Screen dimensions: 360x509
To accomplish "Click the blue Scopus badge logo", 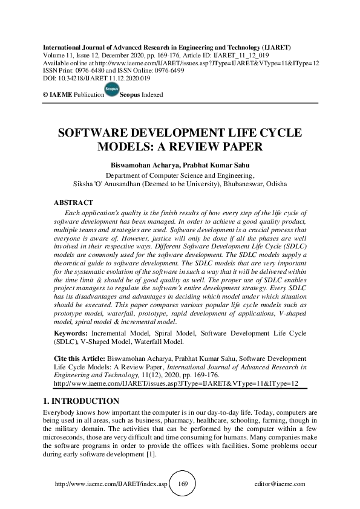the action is [x=111, y=91].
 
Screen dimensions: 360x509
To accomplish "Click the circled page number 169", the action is [x=185, y=484].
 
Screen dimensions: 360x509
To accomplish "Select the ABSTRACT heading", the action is [x=73, y=203].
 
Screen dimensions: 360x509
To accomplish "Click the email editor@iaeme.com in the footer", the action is [x=281, y=485].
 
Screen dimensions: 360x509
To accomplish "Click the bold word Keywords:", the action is [x=70, y=333].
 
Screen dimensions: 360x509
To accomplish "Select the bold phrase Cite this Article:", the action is [x=82, y=358].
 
